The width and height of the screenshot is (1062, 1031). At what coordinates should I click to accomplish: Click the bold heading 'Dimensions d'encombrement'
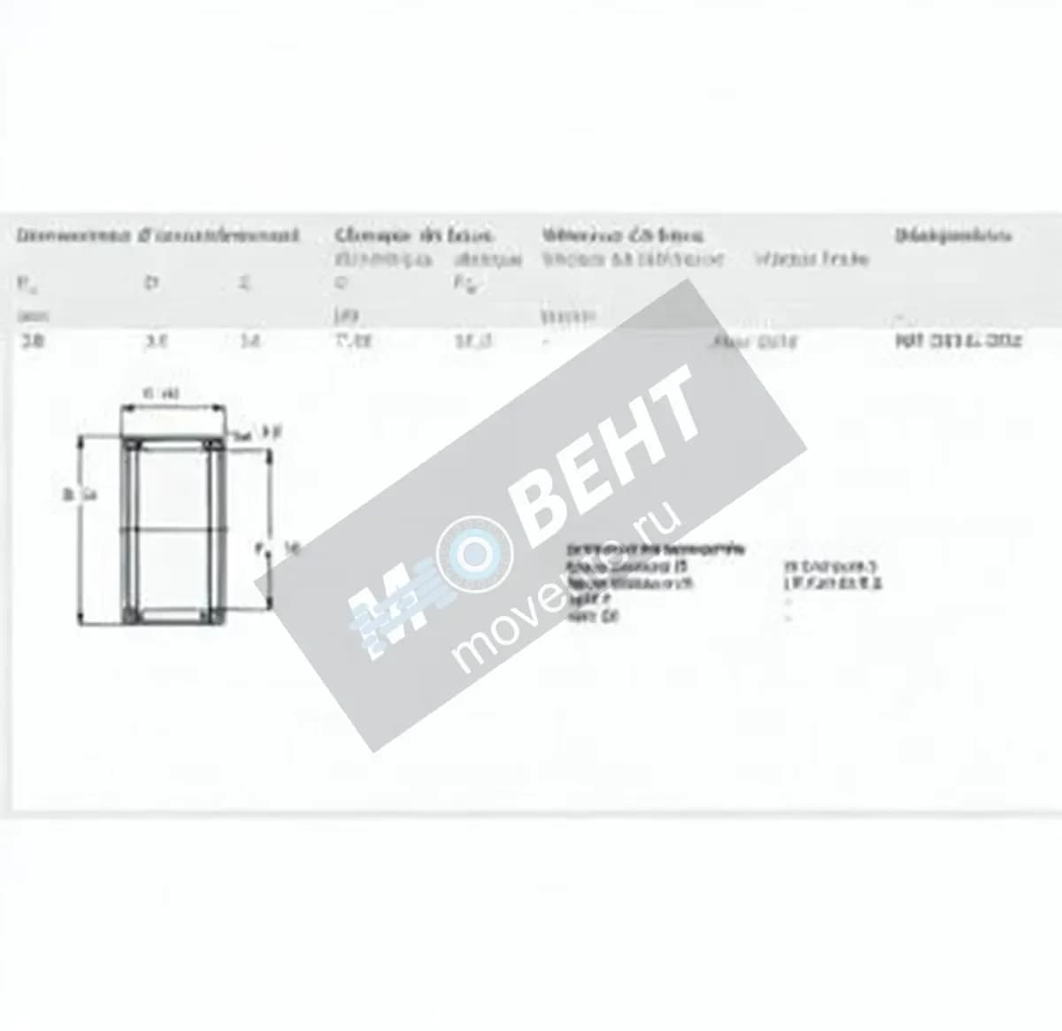click(x=158, y=235)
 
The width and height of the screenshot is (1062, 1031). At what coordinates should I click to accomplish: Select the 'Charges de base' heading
click(x=413, y=235)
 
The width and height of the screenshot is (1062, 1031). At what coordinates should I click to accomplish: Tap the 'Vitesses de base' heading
click(x=622, y=235)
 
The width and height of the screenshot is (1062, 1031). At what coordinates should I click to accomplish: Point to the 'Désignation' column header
click(x=952, y=235)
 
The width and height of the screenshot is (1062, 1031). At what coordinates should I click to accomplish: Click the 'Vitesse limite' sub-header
click(x=812, y=258)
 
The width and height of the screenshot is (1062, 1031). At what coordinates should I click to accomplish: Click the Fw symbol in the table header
click(x=26, y=283)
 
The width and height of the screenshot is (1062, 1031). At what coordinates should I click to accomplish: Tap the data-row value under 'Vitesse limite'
click(x=753, y=341)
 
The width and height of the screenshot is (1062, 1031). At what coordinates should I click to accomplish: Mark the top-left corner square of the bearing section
click(x=132, y=443)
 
